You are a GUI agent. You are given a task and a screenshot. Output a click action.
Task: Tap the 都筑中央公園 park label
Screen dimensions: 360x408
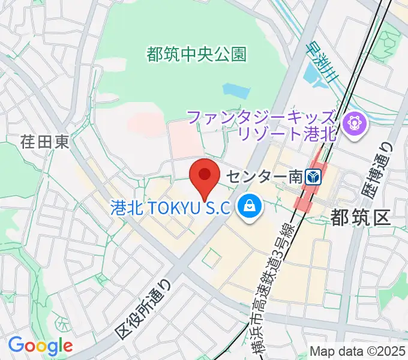[196, 55]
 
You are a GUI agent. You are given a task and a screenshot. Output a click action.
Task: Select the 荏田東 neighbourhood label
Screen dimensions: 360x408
[45, 142]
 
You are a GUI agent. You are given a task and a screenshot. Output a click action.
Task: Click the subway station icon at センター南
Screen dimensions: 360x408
[314, 176]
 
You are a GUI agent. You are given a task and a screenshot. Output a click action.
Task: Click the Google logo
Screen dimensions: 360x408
[40, 346]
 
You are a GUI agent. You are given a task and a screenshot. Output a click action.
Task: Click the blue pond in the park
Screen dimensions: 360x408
[236, 90]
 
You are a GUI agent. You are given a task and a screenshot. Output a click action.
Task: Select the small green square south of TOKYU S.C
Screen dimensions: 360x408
[210, 259]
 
